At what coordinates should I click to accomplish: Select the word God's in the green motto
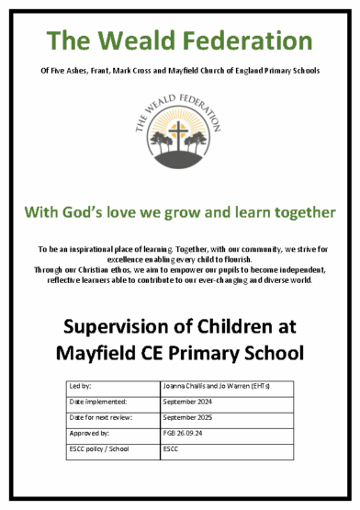(96, 212)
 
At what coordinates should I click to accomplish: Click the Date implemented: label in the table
(97, 401)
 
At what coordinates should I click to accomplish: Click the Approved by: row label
(89, 433)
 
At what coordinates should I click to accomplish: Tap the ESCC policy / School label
(99, 449)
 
